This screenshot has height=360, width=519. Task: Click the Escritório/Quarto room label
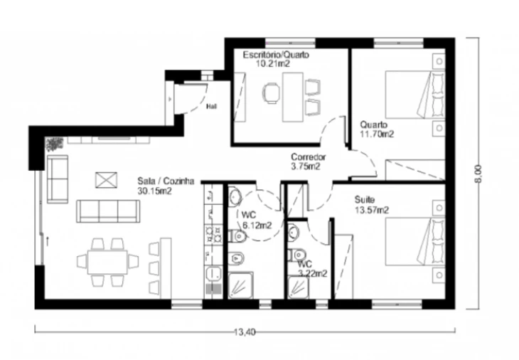pos(276,55)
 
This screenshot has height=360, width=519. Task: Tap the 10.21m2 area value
pos(273,63)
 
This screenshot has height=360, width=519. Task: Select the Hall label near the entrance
pos(211,107)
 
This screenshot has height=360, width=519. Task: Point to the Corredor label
pos(308,157)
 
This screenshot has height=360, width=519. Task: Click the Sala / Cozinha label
pos(166,181)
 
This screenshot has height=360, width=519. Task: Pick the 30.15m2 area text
pos(154,191)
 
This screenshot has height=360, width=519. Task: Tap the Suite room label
pos(365,200)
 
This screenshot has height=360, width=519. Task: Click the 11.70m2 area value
pos(377,134)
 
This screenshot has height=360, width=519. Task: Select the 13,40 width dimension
pos(245,332)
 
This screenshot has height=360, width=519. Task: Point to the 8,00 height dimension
pos(478,174)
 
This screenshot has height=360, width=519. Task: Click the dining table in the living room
pos(107,262)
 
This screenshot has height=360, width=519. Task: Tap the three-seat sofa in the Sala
pos(108,211)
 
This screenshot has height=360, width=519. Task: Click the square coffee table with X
pos(106,180)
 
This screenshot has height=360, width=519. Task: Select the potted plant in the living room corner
pos(54,144)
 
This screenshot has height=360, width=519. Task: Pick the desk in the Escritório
pos(293,97)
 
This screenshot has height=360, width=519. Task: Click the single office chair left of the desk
pos(272,93)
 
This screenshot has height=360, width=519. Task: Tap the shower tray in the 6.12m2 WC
pos(241,285)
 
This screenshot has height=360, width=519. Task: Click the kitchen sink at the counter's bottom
pos(213,274)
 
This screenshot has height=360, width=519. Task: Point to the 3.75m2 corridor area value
pos(306,166)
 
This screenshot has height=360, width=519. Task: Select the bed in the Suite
pos(415,241)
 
